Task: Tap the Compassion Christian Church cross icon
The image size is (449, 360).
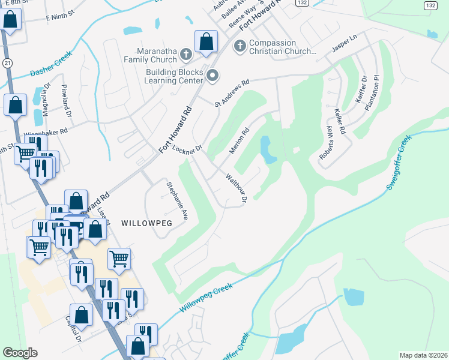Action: tap(239, 46)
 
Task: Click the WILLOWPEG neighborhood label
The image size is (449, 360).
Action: tap(146, 223)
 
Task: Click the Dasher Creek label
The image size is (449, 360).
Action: tap(51, 64)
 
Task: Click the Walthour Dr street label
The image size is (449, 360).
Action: tap(236, 188)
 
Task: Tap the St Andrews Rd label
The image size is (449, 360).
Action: tap(232, 94)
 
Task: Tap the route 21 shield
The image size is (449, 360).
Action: tap(6, 62)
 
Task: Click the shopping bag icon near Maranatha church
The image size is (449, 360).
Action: tap(206, 42)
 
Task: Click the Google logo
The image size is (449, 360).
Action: tap(20, 353)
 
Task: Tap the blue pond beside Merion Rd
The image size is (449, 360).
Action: tap(267, 149)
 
